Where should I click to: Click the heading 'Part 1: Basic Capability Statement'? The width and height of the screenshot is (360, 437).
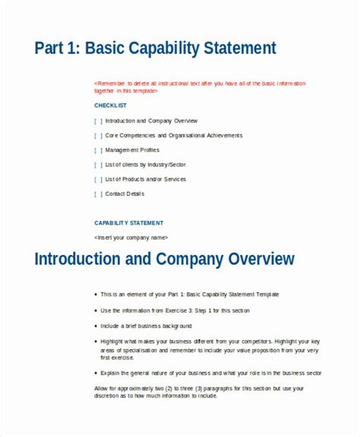click(155, 49)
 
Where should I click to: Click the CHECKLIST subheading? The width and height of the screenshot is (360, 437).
click(110, 105)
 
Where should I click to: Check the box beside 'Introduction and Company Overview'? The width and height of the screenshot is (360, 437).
click(98, 121)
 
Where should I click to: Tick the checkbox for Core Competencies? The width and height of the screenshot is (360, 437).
click(98, 135)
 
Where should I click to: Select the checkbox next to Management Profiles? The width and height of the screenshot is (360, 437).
click(98, 150)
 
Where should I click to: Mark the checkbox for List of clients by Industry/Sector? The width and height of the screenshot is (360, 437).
click(98, 165)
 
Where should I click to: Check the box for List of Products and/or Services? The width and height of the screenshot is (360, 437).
click(98, 179)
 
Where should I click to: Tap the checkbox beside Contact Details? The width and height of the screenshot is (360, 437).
click(98, 194)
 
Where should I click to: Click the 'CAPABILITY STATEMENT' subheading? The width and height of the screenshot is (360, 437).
click(128, 223)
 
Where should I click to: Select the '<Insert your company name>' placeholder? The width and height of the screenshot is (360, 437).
click(130, 237)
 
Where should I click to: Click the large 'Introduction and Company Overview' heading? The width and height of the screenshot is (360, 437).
click(164, 260)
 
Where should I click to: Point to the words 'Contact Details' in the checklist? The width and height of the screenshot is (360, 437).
click(125, 194)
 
